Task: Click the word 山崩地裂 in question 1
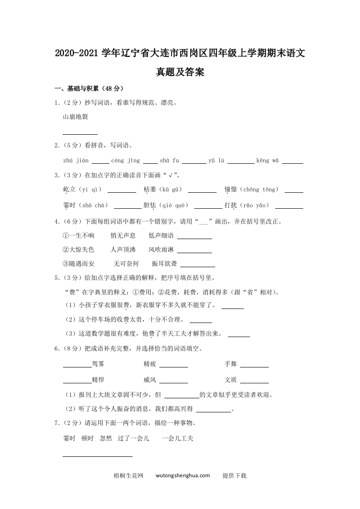pos(75,117)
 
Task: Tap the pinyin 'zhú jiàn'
pos(76,161)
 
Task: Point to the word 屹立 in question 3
pos(69,190)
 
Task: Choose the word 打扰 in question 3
pos(231,206)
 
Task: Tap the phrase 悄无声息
pos(123,235)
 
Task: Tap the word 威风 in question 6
pos(150,380)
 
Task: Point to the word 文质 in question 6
pos(231,380)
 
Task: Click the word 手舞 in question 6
pos(231,364)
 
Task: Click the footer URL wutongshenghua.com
pos(182,476)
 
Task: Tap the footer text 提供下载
pos(234,476)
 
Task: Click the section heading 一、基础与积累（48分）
pos(89,88)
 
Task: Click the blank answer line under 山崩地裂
pos(80,134)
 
